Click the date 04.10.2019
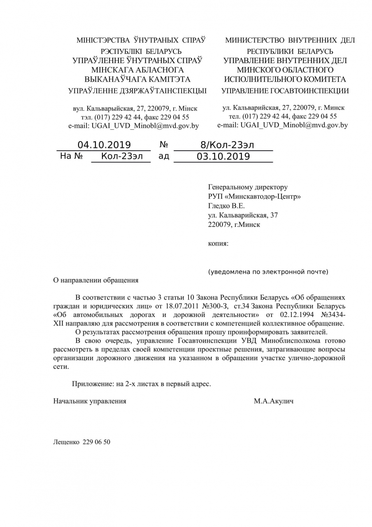point(104,145)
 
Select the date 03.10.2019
point(223,156)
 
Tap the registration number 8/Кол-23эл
point(227,145)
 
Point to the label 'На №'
point(72,156)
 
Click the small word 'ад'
point(164,156)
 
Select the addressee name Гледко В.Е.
point(226,206)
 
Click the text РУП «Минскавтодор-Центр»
point(254,196)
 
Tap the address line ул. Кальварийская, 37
point(243,215)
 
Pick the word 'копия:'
point(218,243)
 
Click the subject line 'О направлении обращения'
point(96,280)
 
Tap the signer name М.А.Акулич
point(274,401)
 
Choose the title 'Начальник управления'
point(90,401)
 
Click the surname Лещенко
point(66,442)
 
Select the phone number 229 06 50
point(96,442)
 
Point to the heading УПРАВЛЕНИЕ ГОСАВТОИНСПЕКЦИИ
point(285,91)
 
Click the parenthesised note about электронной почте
point(268,272)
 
